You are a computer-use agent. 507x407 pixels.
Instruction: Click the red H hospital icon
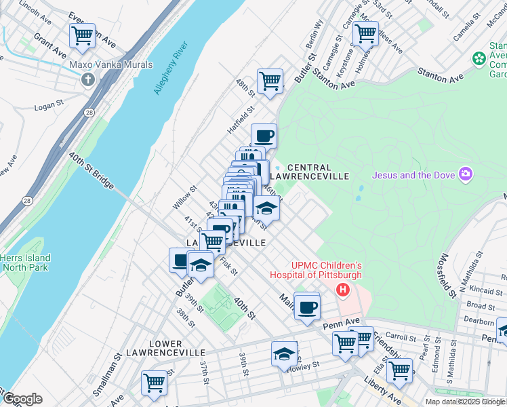(x=343, y=290)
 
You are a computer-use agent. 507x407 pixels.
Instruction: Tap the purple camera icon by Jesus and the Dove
(x=465, y=174)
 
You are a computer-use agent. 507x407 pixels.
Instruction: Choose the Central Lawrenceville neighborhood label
(x=317, y=172)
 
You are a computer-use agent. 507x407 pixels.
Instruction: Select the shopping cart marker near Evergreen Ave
(x=83, y=35)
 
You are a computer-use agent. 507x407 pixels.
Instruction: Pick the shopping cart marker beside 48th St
(x=270, y=80)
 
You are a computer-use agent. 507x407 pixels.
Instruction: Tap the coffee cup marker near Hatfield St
(x=264, y=135)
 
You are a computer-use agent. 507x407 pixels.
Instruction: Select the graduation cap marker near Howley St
(x=285, y=353)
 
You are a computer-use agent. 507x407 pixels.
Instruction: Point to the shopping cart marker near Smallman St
(x=154, y=383)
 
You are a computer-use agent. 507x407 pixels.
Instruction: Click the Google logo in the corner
(x=22, y=398)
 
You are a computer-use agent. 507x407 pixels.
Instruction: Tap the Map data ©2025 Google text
(x=465, y=402)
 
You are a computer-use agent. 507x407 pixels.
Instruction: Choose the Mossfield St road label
(x=447, y=275)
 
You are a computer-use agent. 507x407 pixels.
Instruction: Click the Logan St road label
(x=48, y=106)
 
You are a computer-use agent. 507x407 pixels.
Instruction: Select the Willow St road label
(x=184, y=197)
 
